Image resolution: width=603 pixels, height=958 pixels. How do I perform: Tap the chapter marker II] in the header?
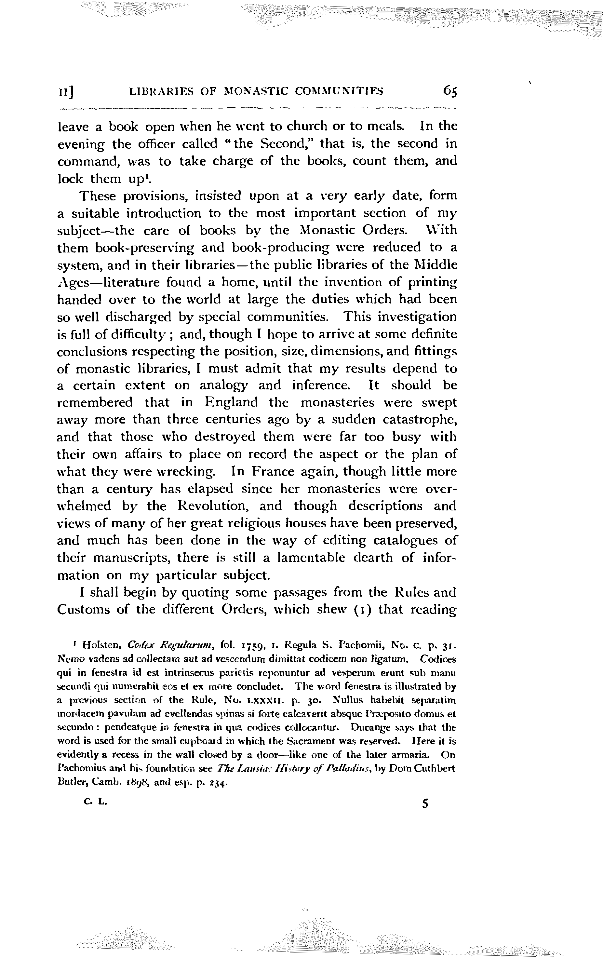tap(66, 92)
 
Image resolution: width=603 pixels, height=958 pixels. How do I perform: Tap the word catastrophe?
tap(419, 420)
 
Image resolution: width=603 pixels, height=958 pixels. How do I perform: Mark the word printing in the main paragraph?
tap(431, 282)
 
